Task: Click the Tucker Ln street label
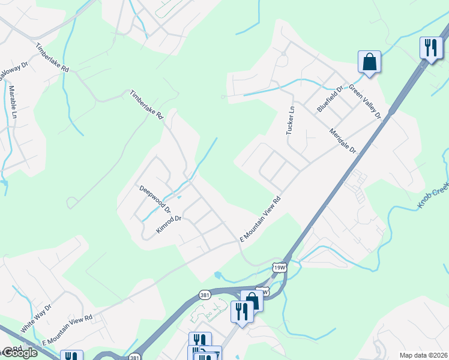(x=291, y=121)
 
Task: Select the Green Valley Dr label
(x=366, y=103)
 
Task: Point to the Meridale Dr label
(x=343, y=140)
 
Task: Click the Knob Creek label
(x=433, y=196)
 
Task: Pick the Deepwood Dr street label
(x=155, y=199)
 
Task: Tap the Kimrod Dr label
(x=169, y=225)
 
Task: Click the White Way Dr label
(x=37, y=318)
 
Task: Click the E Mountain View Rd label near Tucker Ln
(x=261, y=218)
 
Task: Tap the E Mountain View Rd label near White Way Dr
(x=67, y=329)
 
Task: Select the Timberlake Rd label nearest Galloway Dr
(x=52, y=58)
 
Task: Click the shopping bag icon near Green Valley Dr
(x=369, y=61)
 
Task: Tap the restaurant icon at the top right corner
(x=430, y=47)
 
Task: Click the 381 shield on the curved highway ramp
(x=205, y=295)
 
